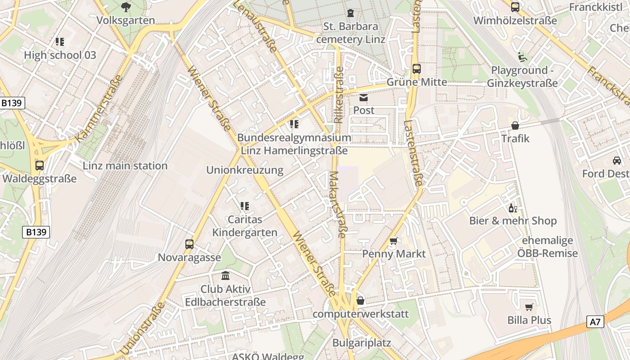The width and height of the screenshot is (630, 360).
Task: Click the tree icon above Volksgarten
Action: click(126, 7)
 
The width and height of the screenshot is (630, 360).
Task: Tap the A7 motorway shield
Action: click(595, 322)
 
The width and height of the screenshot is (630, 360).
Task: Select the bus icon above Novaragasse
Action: click(189, 244)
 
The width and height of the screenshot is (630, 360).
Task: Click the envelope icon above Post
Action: click(364, 97)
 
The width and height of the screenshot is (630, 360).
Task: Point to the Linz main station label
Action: click(125, 166)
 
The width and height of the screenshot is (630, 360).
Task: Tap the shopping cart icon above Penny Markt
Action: click(394, 241)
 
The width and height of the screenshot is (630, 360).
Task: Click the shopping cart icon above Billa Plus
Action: click(529, 307)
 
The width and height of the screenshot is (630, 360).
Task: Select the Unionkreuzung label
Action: click(245, 170)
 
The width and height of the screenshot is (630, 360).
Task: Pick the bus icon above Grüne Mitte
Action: click(417, 69)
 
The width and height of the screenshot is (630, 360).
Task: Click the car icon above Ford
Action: click(616, 161)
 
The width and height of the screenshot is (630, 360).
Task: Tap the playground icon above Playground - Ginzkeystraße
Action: click(522, 57)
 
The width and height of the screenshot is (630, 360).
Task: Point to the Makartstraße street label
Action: click(338, 204)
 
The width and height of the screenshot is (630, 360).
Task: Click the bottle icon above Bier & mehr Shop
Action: click(513, 208)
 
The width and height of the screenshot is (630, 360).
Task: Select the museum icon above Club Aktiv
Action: click(225, 276)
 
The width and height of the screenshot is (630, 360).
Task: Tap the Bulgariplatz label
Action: click(361, 343)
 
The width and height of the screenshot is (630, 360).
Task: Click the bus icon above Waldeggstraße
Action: click(40, 166)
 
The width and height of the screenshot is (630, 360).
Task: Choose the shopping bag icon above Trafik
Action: click(515, 126)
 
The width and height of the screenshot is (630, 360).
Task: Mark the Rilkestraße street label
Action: click(339, 95)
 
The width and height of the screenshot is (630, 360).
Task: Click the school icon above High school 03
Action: click(60, 42)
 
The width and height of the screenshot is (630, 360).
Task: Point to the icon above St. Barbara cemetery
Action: click(351, 13)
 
